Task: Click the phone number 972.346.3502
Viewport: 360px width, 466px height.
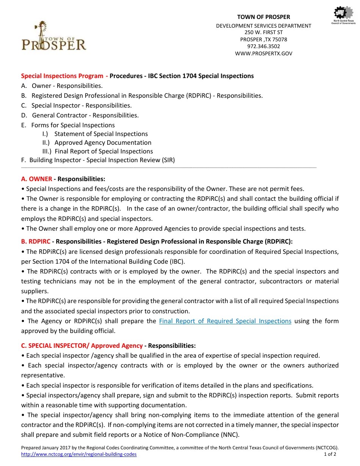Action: coord(263,46)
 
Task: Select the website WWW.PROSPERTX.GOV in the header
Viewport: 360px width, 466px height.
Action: coord(263,53)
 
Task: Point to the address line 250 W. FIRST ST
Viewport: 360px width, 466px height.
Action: coord(263,33)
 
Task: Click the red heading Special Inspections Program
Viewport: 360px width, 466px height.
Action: coord(62,76)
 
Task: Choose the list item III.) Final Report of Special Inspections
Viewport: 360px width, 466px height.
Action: coord(97,151)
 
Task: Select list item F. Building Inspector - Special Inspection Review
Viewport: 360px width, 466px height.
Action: coord(98,160)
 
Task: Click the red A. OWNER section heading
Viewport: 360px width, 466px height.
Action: coord(37,179)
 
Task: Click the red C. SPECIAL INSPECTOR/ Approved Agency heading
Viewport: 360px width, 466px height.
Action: coord(82,346)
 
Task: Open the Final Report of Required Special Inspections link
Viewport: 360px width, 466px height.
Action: coord(225,321)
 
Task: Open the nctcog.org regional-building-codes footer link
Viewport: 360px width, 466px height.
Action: coord(79,454)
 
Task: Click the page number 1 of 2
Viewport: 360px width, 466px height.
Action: coord(330,454)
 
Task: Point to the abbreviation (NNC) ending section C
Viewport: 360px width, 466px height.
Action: coord(230,435)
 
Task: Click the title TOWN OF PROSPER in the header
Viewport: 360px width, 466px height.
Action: coord(263,17)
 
